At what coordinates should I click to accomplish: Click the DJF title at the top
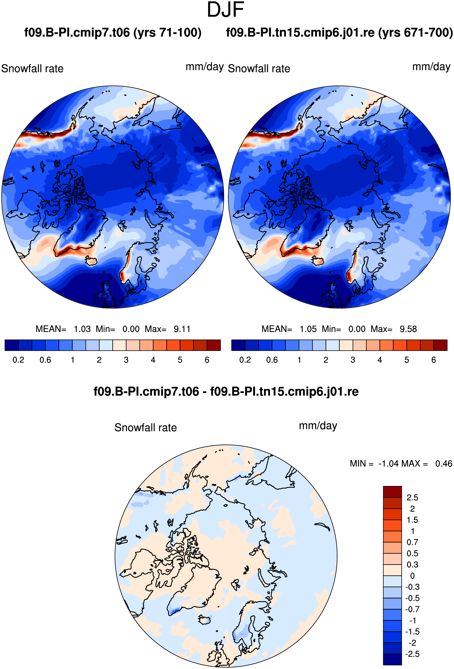(x=225, y=10)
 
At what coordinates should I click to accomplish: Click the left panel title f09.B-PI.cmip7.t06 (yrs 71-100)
(x=113, y=33)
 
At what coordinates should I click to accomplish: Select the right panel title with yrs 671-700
(x=339, y=33)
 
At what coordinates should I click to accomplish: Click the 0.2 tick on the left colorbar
(x=18, y=360)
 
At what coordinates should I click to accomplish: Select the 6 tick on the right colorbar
(x=434, y=360)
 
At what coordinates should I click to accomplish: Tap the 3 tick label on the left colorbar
(x=126, y=360)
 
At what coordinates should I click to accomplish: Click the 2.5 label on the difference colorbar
(x=412, y=497)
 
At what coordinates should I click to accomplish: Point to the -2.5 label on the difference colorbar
(x=412, y=654)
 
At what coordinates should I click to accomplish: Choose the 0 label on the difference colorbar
(x=412, y=576)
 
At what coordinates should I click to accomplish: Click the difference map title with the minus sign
(x=226, y=392)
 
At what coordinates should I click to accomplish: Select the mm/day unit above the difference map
(x=318, y=426)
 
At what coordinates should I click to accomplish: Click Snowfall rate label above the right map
(x=259, y=69)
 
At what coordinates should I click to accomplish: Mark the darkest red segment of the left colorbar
(x=214, y=345)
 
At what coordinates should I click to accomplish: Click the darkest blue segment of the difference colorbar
(x=392, y=660)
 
